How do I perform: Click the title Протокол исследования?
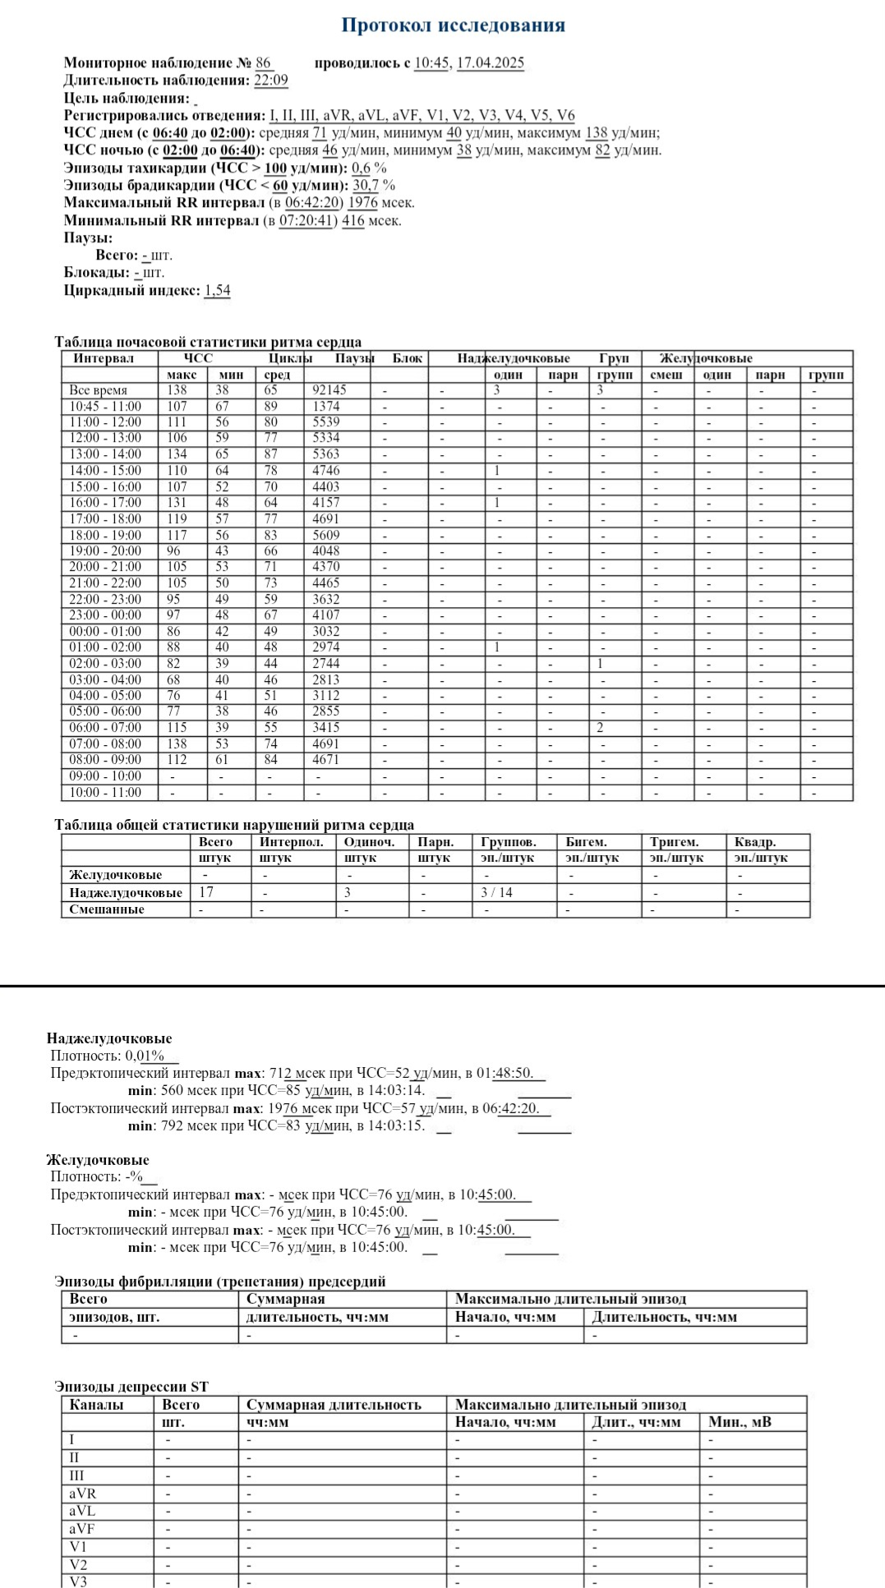[x=453, y=25]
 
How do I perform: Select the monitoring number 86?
[x=263, y=63]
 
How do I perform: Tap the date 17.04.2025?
[x=490, y=63]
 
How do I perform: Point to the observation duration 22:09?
[x=270, y=81]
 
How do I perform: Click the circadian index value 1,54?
[x=217, y=290]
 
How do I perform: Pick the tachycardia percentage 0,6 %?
[x=369, y=168]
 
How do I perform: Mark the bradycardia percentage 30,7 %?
[x=374, y=186]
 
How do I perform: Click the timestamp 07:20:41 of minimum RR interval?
[x=307, y=221]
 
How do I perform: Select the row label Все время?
[x=98, y=390]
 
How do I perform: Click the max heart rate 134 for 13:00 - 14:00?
[x=177, y=454]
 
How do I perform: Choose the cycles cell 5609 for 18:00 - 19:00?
[x=325, y=535]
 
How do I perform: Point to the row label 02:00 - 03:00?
[x=104, y=664]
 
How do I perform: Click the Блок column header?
[x=408, y=358]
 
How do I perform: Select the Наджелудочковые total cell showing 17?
[x=206, y=892]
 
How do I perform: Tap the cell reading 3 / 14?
[x=496, y=892]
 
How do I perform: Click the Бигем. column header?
[x=586, y=842]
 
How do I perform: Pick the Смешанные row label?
[x=107, y=909]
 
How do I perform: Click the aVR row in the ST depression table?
[x=82, y=1494]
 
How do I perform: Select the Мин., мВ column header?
[x=740, y=1422]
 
